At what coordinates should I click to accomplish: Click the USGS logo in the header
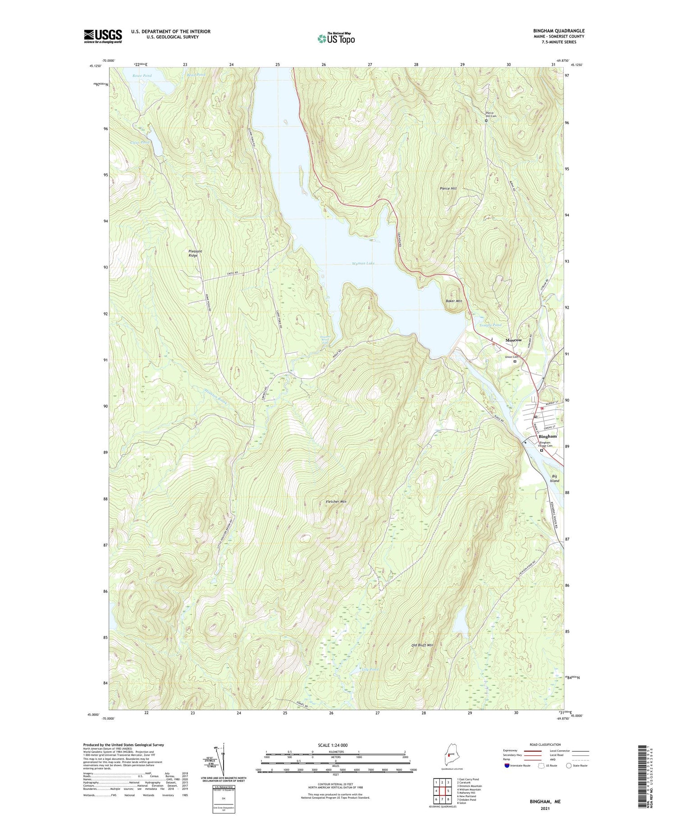coord(103,36)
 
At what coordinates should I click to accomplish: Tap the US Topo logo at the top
coord(336,38)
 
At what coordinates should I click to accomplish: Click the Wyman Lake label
coord(363,263)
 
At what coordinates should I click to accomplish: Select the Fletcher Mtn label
coord(336,501)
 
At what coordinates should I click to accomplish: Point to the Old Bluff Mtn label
coord(422,645)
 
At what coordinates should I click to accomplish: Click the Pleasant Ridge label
coord(195,253)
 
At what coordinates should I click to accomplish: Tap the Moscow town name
coord(513,340)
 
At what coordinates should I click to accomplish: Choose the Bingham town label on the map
coord(548,436)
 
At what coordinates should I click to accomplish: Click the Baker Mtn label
coord(454,300)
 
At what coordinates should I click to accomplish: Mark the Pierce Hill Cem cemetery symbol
coord(486,121)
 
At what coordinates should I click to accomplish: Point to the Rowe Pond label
coord(142,76)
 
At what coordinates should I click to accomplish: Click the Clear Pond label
coord(140,142)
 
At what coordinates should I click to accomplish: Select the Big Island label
coord(554,478)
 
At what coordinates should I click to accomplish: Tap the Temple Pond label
coord(490,325)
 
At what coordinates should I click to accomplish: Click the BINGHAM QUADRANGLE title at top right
coord(558,31)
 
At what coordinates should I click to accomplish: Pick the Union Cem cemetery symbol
coord(515,361)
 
